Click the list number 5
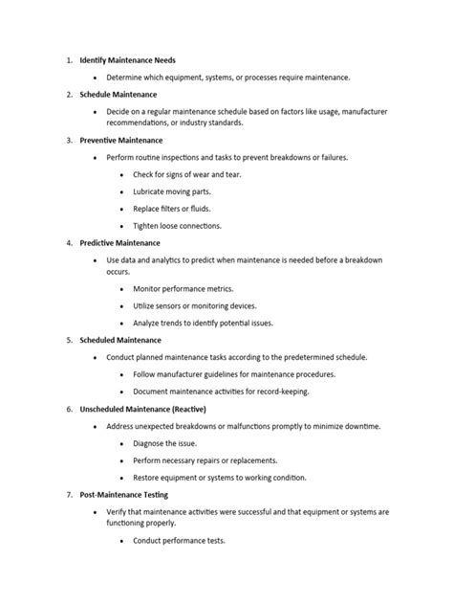coord(70,340)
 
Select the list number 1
coord(70,59)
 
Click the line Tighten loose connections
coord(178,226)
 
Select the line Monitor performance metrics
coord(183,288)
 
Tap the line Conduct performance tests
coord(179,541)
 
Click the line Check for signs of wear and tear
coord(191,174)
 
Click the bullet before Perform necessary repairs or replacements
coord(121,460)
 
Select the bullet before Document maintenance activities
coord(121,392)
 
